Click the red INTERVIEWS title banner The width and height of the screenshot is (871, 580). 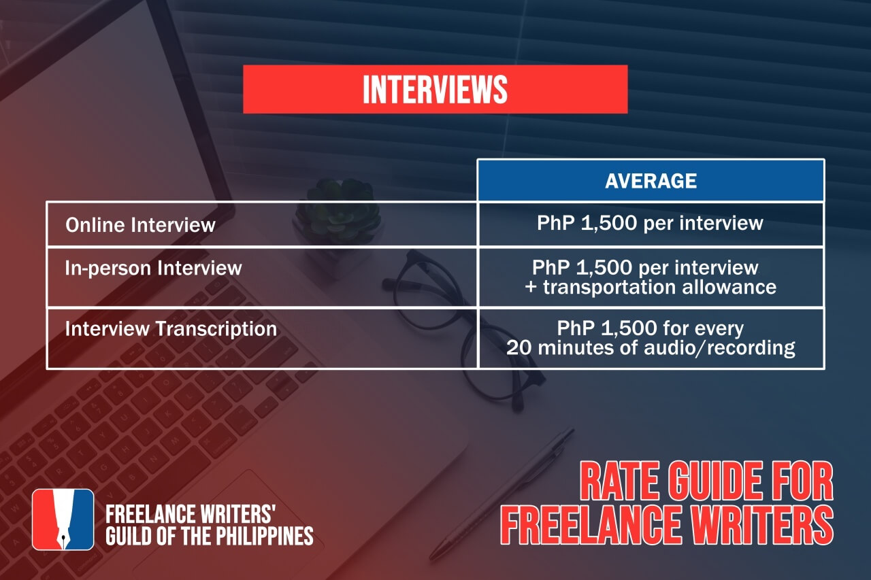(435, 89)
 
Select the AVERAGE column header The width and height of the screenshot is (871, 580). (651, 180)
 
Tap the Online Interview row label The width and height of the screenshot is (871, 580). (140, 224)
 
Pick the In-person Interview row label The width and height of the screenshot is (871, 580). (153, 268)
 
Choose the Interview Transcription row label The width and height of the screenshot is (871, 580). (171, 329)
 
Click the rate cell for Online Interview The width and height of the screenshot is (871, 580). (650, 223)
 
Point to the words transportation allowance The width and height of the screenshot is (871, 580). (660, 287)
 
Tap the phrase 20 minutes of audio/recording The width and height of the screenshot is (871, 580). (651, 348)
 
